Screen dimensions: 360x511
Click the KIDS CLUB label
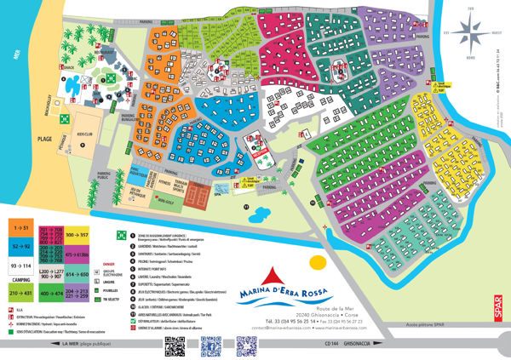[x=84, y=134]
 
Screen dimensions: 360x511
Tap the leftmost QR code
[x=175, y=344]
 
